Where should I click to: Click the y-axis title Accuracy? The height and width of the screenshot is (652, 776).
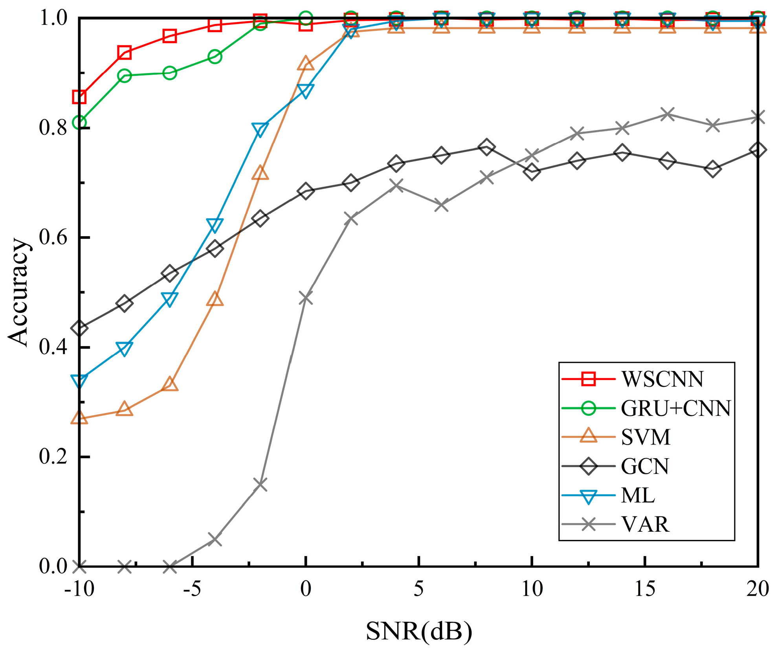(18, 292)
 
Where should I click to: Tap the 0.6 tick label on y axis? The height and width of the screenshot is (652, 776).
(54, 238)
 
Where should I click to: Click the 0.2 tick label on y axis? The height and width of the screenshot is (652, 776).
(54, 457)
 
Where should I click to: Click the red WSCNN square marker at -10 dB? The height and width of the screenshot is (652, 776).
(79, 97)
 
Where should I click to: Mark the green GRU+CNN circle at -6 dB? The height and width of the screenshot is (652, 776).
(170, 73)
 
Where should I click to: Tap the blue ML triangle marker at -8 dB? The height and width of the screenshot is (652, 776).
(125, 348)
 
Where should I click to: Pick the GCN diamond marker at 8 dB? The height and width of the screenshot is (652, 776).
(486, 147)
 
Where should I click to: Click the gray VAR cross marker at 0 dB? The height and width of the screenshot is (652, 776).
(306, 298)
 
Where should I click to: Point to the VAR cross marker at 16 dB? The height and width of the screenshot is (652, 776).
(667, 114)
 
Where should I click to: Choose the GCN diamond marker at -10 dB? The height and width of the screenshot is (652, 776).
(79, 328)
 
